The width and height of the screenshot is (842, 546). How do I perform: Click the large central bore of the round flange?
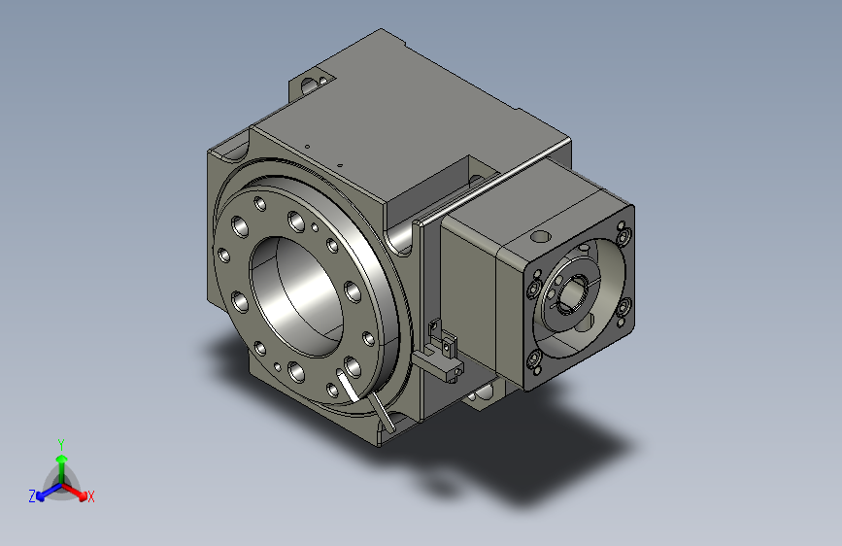(296, 296)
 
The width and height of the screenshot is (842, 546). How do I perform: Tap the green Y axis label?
(61, 444)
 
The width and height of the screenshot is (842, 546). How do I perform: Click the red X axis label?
(90, 497)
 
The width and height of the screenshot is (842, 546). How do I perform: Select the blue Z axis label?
(32, 496)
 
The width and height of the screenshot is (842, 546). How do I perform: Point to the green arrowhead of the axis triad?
(62, 460)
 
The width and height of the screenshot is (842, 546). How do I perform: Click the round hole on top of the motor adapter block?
(540, 236)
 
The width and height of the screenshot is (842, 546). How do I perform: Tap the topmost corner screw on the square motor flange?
(624, 235)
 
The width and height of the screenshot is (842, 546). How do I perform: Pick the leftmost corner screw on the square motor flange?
(534, 288)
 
